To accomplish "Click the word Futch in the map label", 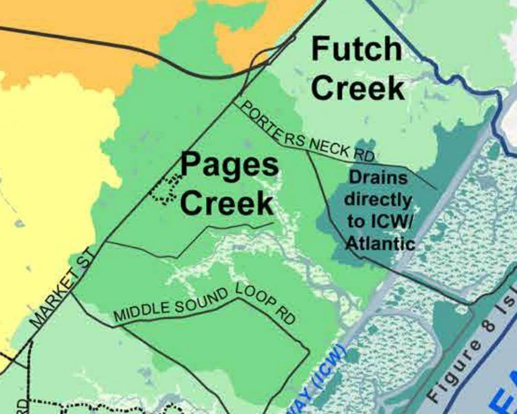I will (356, 51).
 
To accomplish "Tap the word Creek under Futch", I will (359, 88).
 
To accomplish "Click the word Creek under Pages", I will (227, 202).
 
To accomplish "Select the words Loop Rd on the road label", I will (267, 304).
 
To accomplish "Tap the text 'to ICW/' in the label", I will (380, 222).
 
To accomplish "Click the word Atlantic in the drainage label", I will (380, 243).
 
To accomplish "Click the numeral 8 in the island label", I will (488, 328).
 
